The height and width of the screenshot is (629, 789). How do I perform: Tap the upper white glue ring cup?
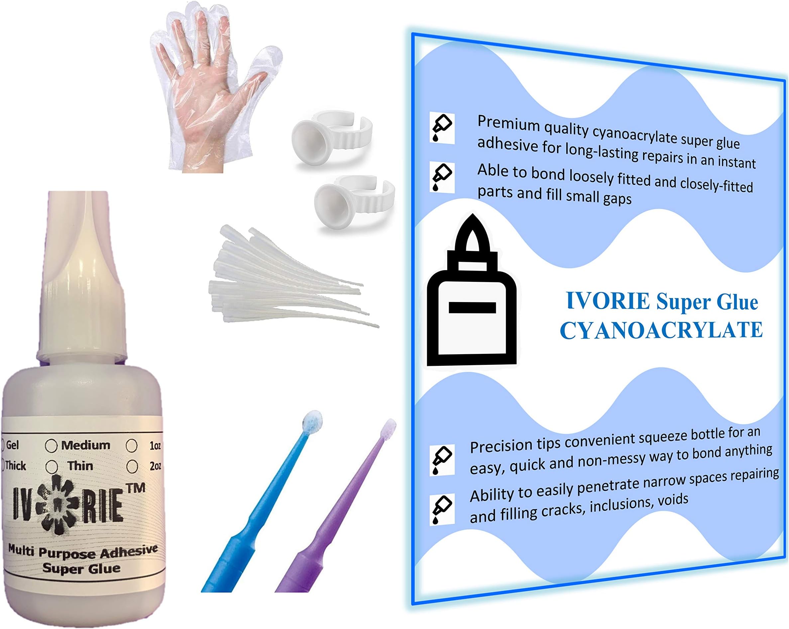tap(331, 137)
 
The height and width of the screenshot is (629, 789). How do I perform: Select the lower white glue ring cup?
tap(353, 201)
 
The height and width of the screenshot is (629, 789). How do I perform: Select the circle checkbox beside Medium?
tap(51, 446)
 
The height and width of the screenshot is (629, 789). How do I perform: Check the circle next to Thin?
tap(52, 467)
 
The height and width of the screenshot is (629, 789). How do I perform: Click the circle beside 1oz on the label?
tap(131, 446)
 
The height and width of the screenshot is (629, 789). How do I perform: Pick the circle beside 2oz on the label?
tap(132, 467)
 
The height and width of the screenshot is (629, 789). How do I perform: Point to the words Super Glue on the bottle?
tap(81, 568)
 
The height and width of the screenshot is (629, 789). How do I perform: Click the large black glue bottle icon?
tap(471, 293)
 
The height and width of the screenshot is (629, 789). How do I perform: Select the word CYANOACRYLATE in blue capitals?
tap(661, 330)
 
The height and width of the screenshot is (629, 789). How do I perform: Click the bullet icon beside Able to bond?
tap(442, 177)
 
